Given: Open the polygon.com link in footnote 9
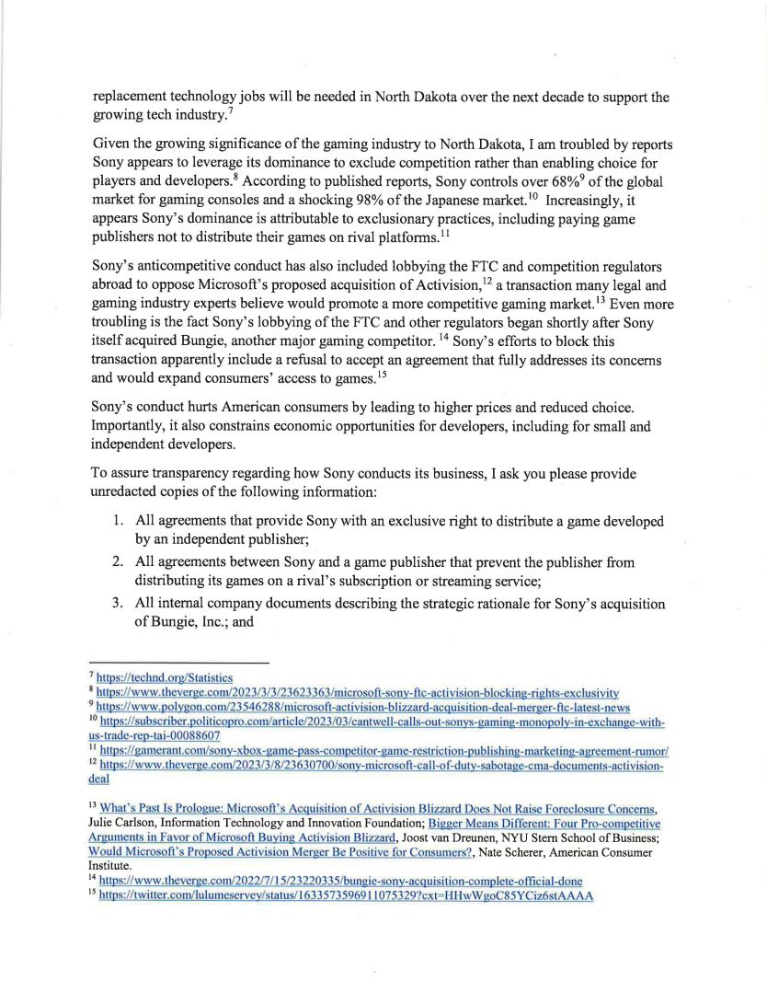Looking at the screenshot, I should pyautogui.click(x=363, y=707).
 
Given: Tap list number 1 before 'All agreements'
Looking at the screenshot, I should pyautogui.click(x=119, y=521).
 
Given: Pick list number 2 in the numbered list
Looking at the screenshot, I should pyautogui.click(x=119, y=561).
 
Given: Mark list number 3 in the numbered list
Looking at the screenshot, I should pyautogui.click(x=119, y=604).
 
